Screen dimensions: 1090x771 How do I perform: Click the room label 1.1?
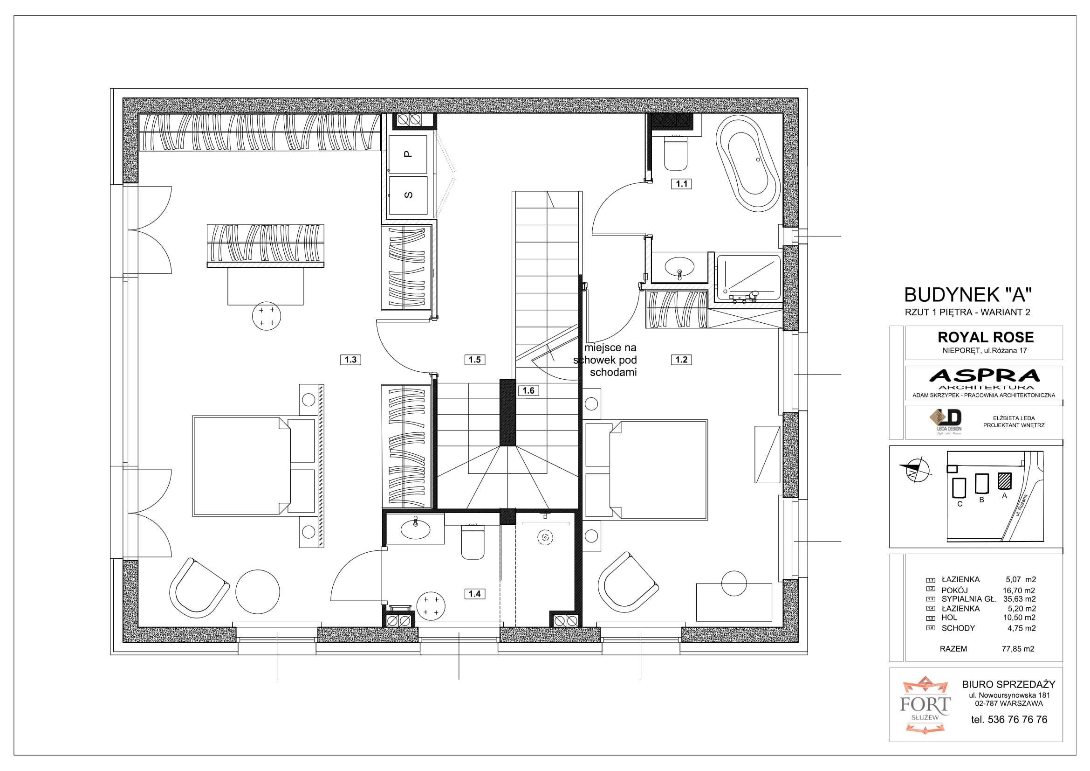(x=681, y=184)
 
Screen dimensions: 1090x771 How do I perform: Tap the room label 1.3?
(x=350, y=360)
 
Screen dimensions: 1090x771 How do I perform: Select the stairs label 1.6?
(x=528, y=390)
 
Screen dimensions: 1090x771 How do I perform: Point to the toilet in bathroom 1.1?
(x=676, y=153)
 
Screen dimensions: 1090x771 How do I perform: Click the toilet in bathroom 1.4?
(x=473, y=542)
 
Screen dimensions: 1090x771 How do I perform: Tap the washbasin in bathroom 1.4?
(x=415, y=529)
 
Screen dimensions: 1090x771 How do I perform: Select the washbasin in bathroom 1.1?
(x=679, y=266)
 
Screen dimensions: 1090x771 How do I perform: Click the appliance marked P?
(x=408, y=154)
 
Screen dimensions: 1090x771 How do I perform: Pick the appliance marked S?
(x=408, y=195)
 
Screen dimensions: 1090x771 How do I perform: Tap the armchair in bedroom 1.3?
(x=199, y=588)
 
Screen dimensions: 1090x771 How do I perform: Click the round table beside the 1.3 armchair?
(x=258, y=592)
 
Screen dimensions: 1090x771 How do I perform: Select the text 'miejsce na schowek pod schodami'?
(x=605, y=360)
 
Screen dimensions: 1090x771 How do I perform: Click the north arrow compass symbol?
(x=916, y=470)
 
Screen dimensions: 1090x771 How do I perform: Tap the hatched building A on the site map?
(x=1004, y=481)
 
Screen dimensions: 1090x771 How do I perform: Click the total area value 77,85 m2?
(x=1018, y=649)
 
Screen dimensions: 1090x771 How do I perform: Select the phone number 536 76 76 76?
(x=1017, y=720)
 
